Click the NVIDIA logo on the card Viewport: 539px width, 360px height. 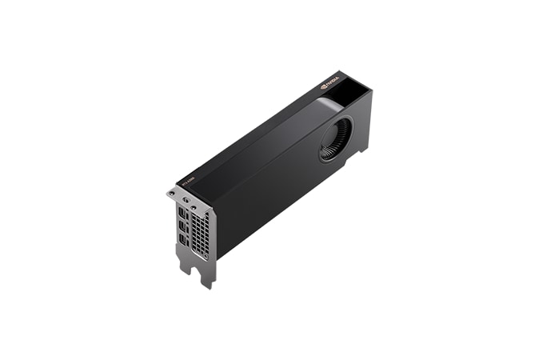pyautogui.click(x=330, y=81)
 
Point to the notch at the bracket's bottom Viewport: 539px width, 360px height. pyautogui.click(x=194, y=270)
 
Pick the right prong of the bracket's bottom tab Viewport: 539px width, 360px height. pyautogui.click(x=207, y=280)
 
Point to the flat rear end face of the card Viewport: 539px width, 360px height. pyautogui.click(x=362, y=120)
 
